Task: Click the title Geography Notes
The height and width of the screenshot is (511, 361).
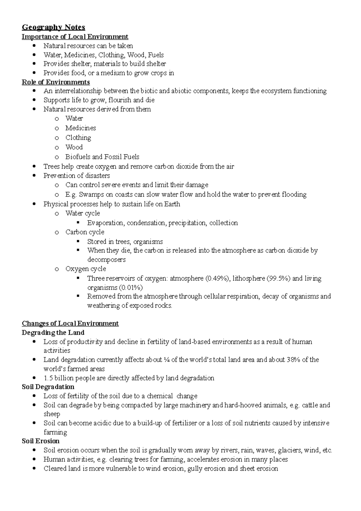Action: tap(53, 27)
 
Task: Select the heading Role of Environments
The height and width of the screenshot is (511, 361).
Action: tap(56, 82)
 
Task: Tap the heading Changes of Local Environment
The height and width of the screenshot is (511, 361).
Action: tap(70, 324)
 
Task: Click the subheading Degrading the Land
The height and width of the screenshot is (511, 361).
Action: tap(53, 333)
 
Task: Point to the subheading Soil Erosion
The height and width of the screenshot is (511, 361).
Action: tap(41, 441)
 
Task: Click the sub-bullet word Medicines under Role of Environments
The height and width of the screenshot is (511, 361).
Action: tap(81, 128)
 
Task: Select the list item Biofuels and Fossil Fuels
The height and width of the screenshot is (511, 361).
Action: tap(102, 157)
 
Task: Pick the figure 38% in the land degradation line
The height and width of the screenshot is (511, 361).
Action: tap(293, 360)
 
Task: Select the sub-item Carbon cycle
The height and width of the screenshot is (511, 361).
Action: tap(85, 232)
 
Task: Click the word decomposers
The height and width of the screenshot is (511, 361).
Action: tap(106, 259)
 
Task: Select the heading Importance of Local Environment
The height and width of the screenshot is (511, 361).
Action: tap(75, 37)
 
